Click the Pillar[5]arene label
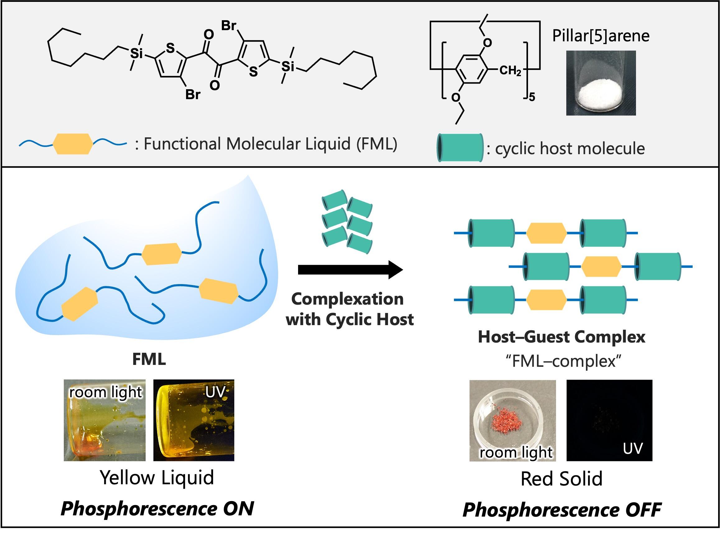pyautogui.click(x=601, y=36)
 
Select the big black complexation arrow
pyautogui.click(x=350, y=269)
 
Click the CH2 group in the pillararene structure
pyautogui.click(x=510, y=71)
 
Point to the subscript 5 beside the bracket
pyautogui.click(x=532, y=97)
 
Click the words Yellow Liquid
pyautogui.click(x=157, y=478)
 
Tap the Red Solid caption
pyautogui.click(x=561, y=479)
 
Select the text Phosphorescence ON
pyautogui.click(x=157, y=509)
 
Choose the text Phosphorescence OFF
pyautogui.click(x=562, y=510)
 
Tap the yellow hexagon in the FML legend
pyautogui.click(x=72, y=144)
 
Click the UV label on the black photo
pyautogui.click(x=632, y=449)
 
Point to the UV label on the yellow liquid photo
pyautogui.click(x=215, y=392)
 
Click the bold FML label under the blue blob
pyautogui.click(x=149, y=359)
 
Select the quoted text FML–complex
pyautogui.click(x=563, y=361)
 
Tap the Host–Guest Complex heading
pyautogui.click(x=562, y=337)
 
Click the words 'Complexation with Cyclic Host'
pyautogui.click(x=349, y=309)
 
